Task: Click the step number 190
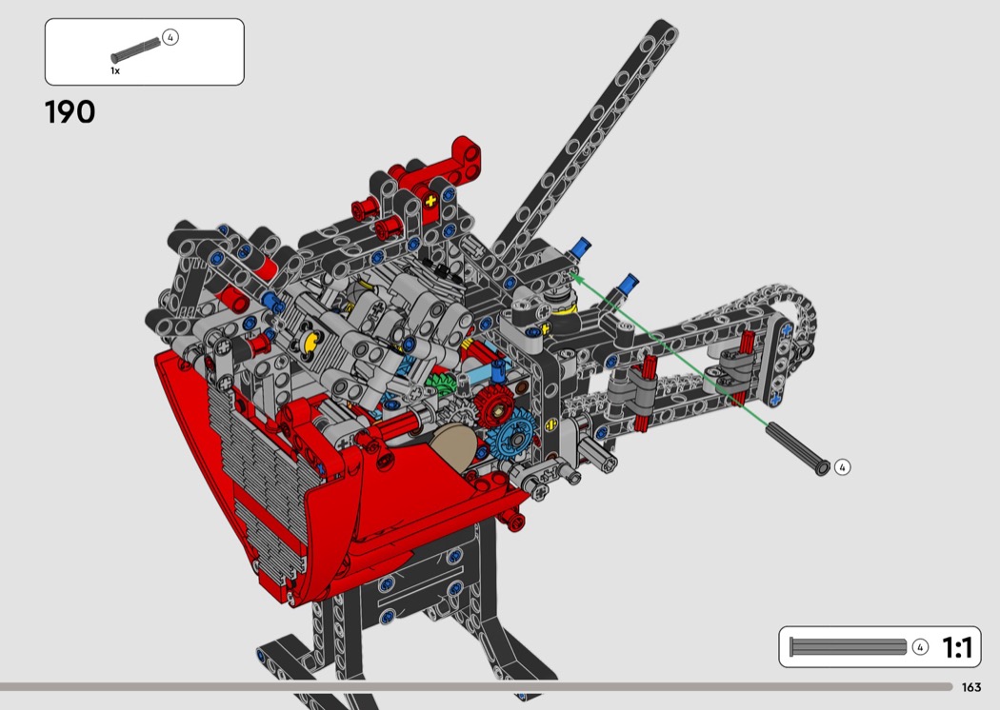coord(70,112)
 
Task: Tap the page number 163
coord(970,687)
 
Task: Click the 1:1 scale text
coord(957,647)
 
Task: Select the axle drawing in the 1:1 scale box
coord(848,646)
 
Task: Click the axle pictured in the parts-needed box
coord(136,50)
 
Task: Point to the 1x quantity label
coord(115,70)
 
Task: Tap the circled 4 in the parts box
coord(170,37)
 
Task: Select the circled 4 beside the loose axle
coord(842,467)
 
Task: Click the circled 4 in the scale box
coord(920,647)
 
